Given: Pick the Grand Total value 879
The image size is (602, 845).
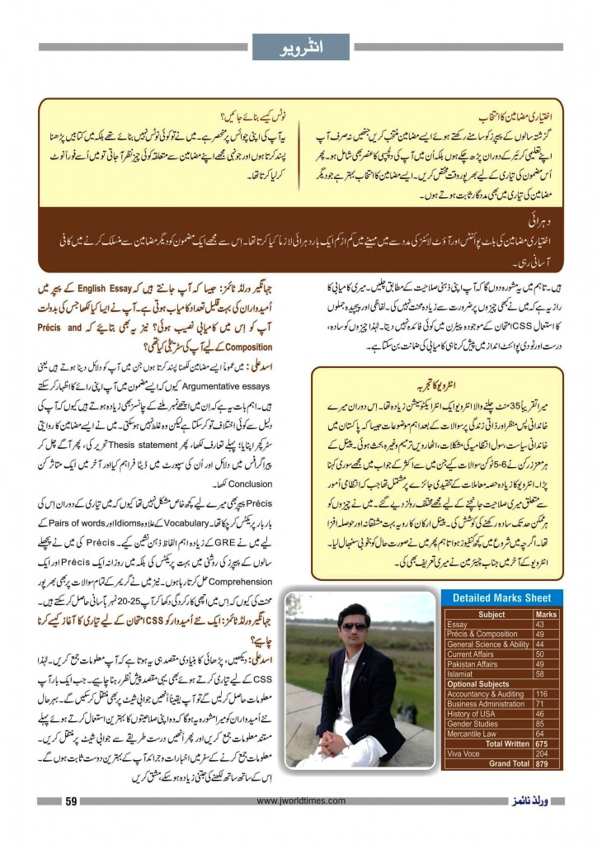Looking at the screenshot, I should pyautogui.click(x=546, y=763).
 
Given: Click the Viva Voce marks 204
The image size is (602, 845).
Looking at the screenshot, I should pyautogui.click(x=546, y=753).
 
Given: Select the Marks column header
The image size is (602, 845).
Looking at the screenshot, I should pyautogui.click(x=546, y=615).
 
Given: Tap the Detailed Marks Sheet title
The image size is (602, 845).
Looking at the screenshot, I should pyautogui.click(x=503, y=597).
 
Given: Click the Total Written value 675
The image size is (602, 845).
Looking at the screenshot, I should pyautogui.click(x=546, y=744).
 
